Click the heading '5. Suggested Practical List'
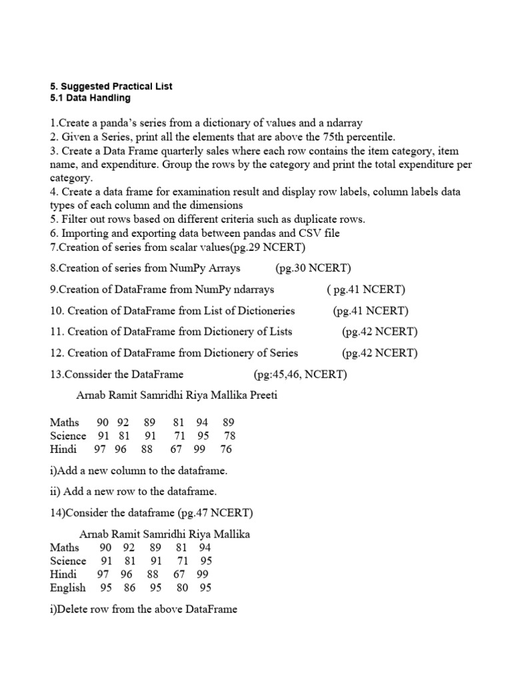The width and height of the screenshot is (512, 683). [111, 87]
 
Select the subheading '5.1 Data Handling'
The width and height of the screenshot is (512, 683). [90, 98]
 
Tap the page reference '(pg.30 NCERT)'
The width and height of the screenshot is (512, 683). [313, 268]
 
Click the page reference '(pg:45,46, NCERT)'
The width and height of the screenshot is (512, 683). [300, 374]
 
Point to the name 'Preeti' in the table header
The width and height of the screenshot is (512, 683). [262, 395]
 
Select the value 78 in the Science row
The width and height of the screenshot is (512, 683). [229, 436]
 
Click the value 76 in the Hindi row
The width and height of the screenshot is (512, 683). [225, 450]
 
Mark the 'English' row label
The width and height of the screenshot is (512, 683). [67, 588]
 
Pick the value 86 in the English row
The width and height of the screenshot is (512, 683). [129, 588]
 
